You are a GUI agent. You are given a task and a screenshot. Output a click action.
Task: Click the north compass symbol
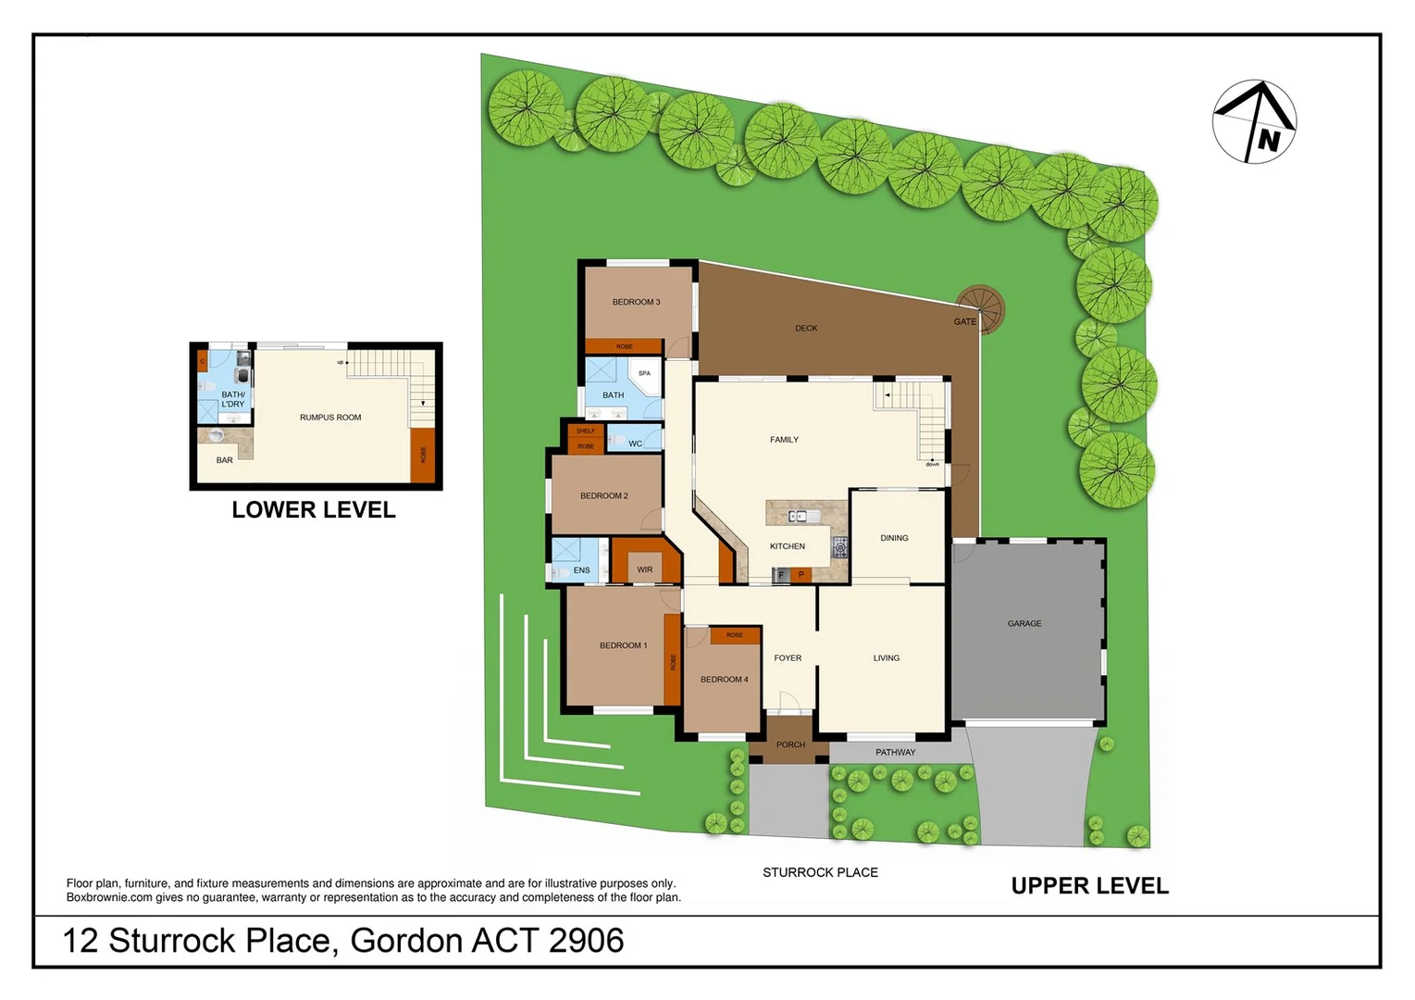1254,121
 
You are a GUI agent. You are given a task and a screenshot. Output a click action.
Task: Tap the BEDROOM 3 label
636,302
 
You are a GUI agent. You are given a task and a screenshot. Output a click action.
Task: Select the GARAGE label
1024,623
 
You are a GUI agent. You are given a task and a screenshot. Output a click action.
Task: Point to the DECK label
806,328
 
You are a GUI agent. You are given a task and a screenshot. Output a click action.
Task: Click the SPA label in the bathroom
644,373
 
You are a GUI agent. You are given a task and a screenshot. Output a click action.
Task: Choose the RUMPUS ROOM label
330,418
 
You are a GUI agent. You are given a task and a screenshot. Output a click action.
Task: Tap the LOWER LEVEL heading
314,510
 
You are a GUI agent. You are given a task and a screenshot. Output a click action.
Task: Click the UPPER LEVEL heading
1089,886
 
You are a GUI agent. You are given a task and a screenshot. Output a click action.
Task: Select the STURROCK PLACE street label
820,872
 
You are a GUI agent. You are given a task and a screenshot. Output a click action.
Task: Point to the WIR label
645,569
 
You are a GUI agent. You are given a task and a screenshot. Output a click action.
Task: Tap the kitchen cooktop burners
840,546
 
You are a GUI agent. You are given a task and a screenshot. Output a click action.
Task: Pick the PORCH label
790,744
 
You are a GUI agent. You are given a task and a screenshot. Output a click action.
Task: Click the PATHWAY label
895,752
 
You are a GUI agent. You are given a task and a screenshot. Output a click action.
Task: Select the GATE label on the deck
964,321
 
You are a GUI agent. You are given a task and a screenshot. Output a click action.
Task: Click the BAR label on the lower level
225,460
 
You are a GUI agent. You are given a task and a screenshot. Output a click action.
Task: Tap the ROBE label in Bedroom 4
735,635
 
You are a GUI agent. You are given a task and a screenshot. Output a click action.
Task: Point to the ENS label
581,570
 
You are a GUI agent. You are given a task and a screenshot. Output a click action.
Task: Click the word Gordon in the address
406,941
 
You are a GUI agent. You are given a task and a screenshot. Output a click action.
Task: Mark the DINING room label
894,538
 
